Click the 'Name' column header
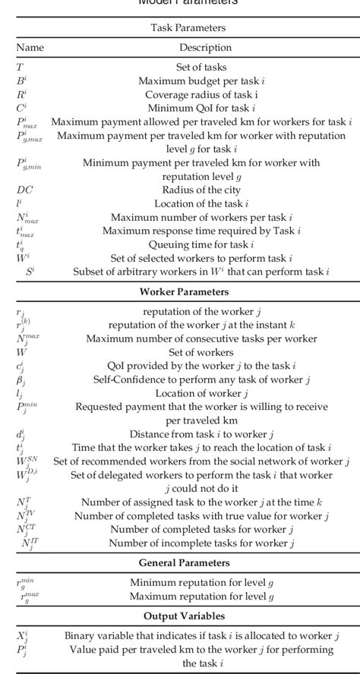(x=30, y=47)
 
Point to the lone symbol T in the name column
(x=20, y=68)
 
